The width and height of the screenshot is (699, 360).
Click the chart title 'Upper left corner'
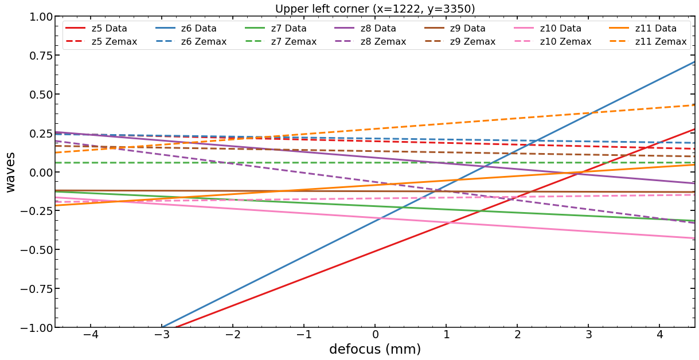click(375, 9)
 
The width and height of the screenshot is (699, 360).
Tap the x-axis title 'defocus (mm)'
click(375, 349)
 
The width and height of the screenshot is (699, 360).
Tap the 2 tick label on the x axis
click(518, 334)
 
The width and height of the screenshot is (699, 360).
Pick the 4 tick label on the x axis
click(660, 334)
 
